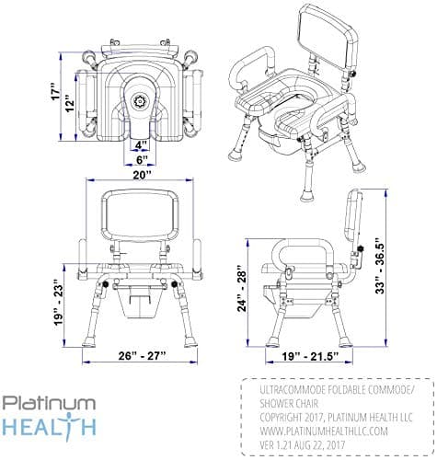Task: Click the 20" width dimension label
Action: [x=142, y=178]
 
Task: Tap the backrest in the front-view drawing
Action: [x=140, y=218]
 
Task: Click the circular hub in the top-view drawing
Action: [x=141, y=97]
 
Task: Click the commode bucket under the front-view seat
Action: [x=143, y=300]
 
